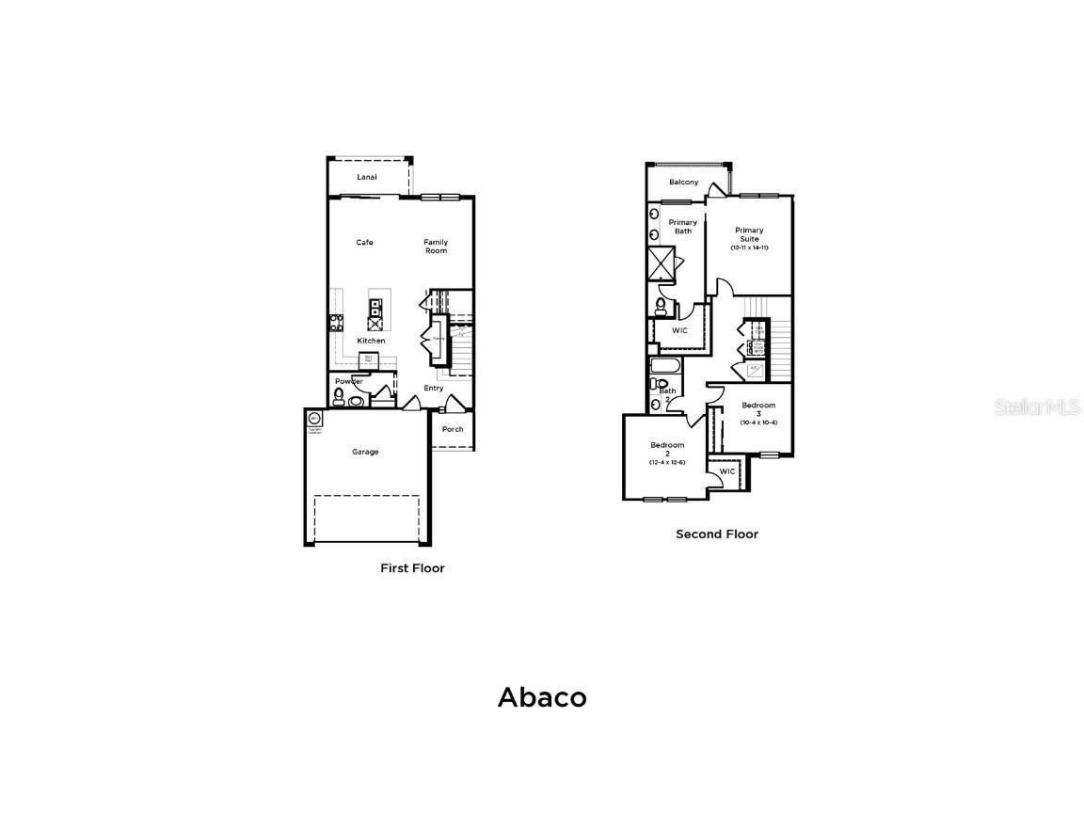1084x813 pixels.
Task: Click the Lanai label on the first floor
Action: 366,177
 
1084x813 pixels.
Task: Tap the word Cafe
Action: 364,243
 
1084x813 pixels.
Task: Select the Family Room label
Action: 435,247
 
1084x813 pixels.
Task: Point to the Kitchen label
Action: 371,341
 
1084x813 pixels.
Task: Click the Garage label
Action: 365,452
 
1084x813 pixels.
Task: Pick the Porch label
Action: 453,429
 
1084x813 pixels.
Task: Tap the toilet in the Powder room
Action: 339,395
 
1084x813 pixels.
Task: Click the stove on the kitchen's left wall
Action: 335,323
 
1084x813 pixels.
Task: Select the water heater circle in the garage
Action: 314,419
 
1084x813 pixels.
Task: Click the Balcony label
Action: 684,182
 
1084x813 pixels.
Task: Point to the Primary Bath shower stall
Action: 662,263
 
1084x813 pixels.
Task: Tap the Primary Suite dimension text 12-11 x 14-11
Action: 749,247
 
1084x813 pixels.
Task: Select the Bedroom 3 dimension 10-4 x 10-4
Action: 758,422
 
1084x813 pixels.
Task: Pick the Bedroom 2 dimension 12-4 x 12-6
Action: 667,462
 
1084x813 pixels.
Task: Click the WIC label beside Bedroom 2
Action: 727,471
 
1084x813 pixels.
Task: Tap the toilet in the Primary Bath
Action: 661,306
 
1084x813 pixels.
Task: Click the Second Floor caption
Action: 716,534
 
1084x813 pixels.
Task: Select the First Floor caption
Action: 412,568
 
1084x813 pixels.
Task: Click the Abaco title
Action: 542,697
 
